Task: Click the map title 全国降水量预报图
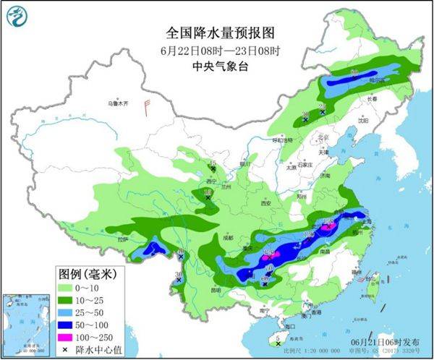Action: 216,32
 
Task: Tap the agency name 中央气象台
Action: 216,65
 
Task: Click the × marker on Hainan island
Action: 278,344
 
